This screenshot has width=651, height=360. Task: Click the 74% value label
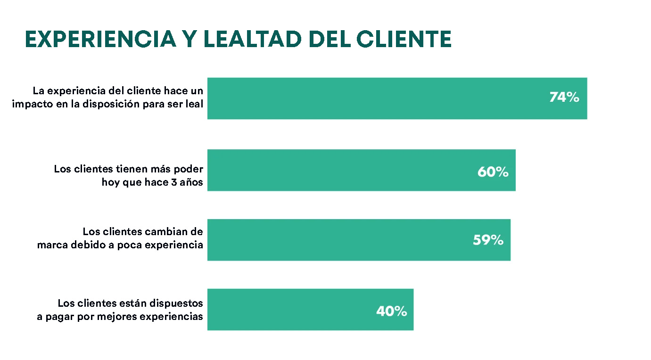[564, 98]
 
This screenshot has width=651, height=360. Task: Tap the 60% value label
[493, 172]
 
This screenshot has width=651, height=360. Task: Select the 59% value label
[488, 240]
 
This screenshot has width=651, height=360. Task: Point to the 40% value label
[391, 311]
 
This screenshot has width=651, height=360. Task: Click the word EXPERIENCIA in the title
[99, 39]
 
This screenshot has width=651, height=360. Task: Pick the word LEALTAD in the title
[252, 39]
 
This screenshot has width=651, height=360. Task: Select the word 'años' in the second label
[192, 182]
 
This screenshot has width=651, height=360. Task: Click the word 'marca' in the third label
[51, 245]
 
